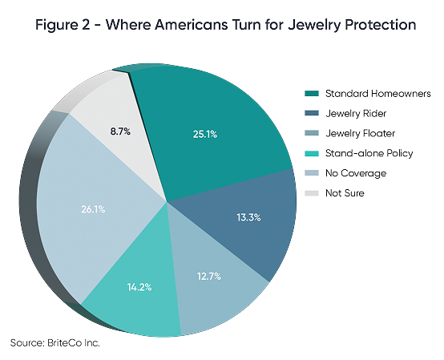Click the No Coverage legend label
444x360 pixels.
(356, 173)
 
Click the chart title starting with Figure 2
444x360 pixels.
(222, 25)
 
